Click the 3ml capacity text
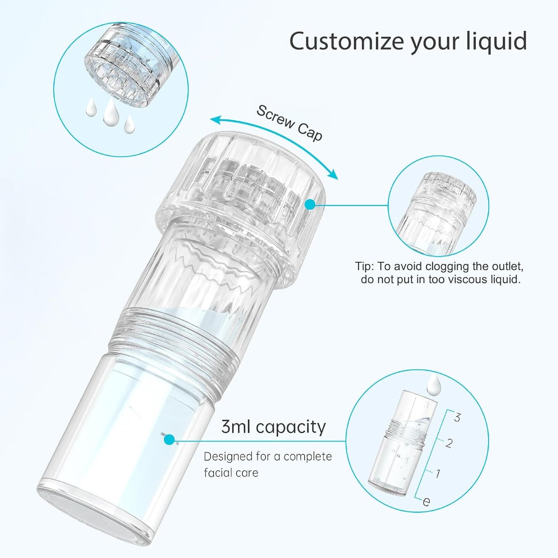273,427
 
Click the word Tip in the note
363,266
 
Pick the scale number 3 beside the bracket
457,417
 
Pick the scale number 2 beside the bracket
448,443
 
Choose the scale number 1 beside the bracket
438,473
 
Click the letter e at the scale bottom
426,501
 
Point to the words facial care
231,473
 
